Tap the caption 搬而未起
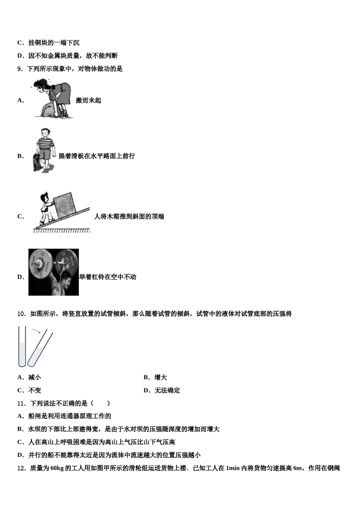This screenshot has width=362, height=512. click(88, 101)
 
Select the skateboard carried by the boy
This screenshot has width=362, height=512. click(36, 160)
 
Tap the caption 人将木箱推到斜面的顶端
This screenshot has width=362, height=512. click(129, 217)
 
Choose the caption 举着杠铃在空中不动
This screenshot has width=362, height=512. click(107, 277)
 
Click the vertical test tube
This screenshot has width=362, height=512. click(22, 347)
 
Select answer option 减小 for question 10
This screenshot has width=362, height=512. click(34, 378)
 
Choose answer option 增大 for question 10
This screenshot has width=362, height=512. click(160, 378)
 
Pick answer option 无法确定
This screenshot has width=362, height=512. click(167, 390)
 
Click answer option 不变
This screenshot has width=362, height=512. click(34, 390)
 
